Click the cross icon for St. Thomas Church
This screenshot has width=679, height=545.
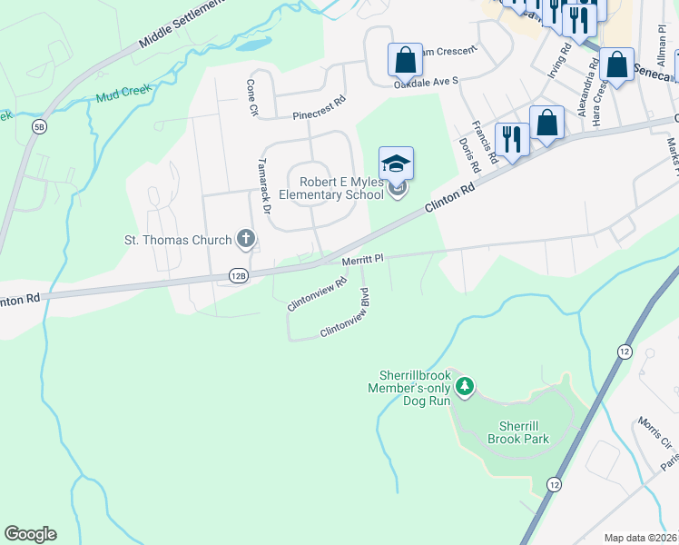[244, 239]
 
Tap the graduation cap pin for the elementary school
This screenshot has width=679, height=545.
[396, 164]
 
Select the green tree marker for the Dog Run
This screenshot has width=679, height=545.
[465, 388]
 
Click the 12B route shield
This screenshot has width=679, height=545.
[238, 275]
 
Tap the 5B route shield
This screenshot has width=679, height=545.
[39, 126]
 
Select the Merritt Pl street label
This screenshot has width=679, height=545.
[363, 259]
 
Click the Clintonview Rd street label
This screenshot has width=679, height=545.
[318, 294]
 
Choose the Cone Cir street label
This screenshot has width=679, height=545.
[251, 96]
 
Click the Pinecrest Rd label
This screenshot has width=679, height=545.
[319, 108]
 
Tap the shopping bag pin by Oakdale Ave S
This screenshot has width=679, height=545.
[405, 61]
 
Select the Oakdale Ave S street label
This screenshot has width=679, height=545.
[426, 82]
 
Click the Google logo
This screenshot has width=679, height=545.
[30, 534]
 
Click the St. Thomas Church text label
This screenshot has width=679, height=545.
[178, 240]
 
